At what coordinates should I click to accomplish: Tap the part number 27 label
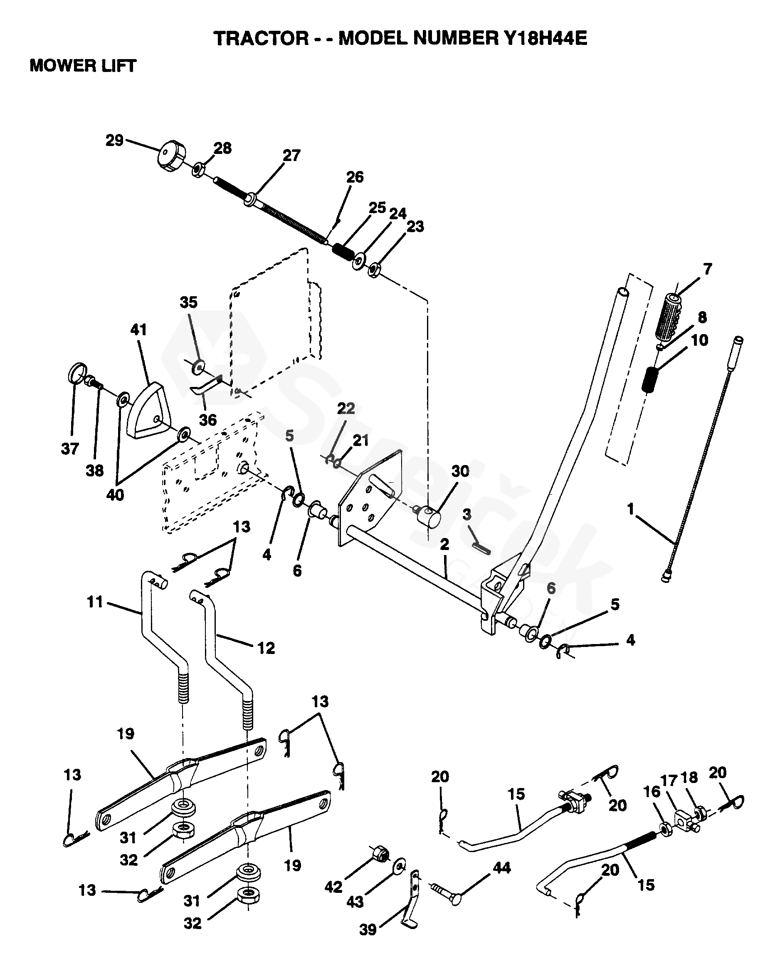[x=291, y=156]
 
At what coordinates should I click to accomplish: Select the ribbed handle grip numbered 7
[x=668, y=317]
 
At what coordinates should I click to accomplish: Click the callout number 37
[x=70, y=449]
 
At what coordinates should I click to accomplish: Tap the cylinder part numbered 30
[x=428, y=517]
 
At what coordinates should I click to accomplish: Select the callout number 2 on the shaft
[x=444, y=545]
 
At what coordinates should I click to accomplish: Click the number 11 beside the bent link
[x=95, y=602]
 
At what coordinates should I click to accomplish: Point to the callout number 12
[x=266, y=648]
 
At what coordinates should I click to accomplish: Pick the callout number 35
[x=188, y=302]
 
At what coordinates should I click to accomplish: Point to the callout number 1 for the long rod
[x=630, y=509]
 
